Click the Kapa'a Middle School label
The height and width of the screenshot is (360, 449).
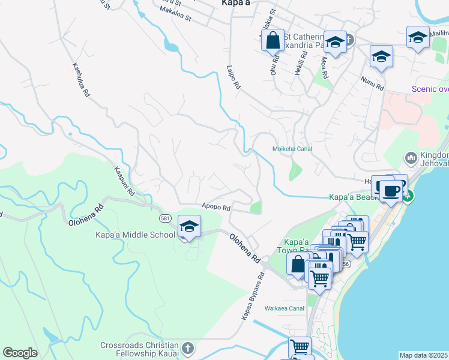click(135, 235)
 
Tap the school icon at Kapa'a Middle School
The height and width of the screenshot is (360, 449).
click(189, 227)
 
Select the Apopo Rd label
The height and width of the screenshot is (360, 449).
click(216, 208)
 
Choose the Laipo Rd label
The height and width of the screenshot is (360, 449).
click(234, 78)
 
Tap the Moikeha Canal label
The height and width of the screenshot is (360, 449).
click(292, 149)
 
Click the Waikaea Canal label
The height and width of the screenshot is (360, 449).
click(285, 308)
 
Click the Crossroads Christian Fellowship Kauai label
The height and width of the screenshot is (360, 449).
click(139, 349)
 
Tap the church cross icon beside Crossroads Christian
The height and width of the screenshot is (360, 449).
click(188, 349)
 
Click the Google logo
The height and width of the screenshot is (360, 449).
click(20, 353)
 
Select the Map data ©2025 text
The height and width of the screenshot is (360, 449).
click(424, 355)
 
